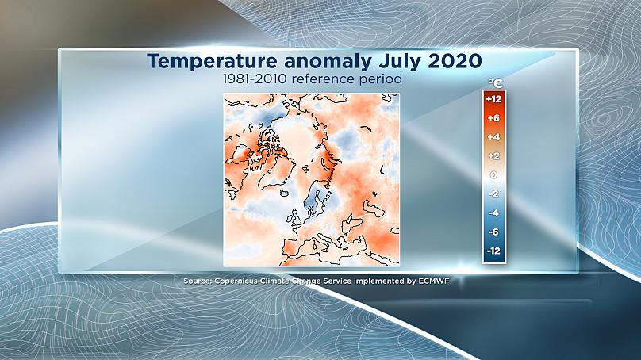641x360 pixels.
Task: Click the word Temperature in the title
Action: point(212,61)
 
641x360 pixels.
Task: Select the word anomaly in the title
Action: point(328,62)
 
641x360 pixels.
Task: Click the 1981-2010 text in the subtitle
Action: point(255,79)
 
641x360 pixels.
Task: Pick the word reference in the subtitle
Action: point(323,79)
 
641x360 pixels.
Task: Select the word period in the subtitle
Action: point(381,79)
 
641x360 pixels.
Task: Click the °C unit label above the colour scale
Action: point(495,83)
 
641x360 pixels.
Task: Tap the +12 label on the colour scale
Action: point(493,99)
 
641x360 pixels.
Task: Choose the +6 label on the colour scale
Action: point(493,118)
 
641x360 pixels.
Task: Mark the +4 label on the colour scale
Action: point(493,137)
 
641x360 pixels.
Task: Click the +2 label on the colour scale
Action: point(493,156)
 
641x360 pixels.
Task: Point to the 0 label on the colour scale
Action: point(493,175)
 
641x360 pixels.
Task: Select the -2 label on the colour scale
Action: point(493,193)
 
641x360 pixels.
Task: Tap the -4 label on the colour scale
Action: point(493,213)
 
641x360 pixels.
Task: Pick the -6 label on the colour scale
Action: point(493,232)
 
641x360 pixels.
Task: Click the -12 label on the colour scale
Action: point(493,251)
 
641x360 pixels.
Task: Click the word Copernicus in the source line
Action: point(236,281)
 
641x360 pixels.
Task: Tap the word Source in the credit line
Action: point(198,281)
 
